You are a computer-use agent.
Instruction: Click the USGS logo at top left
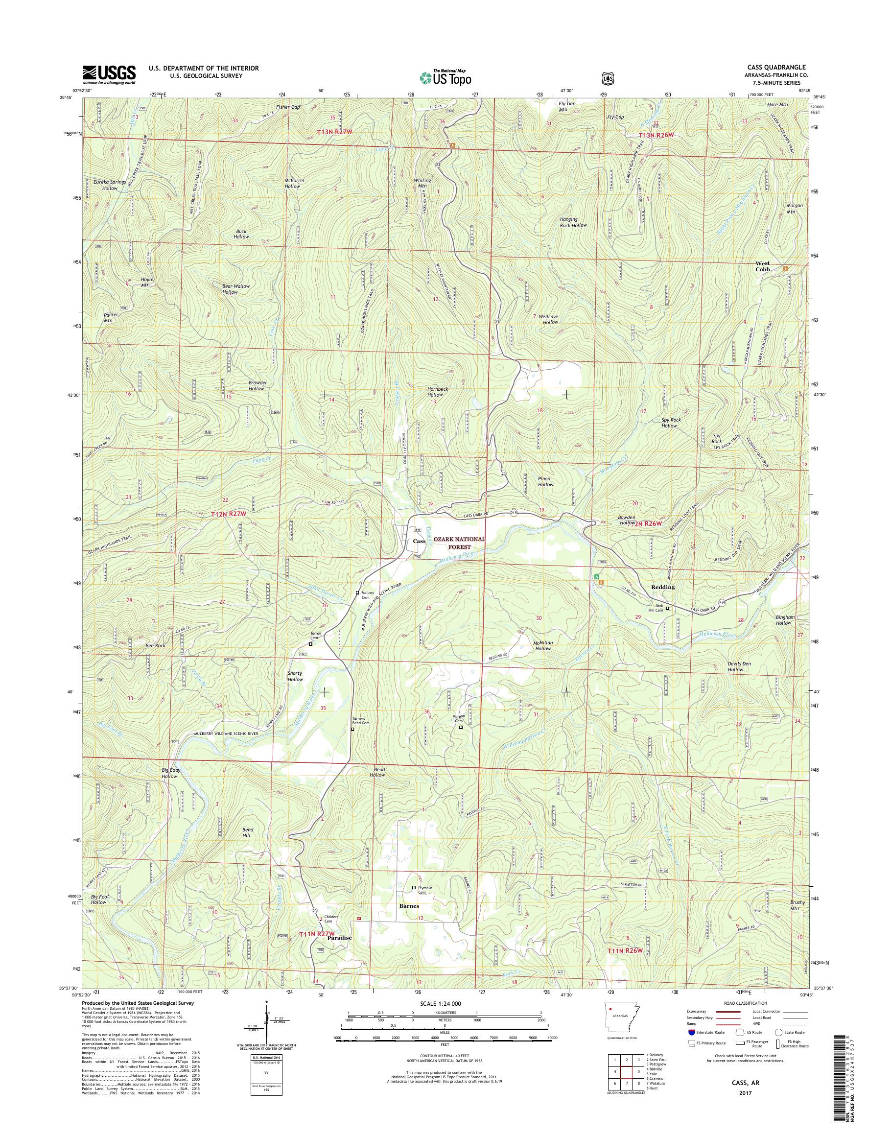point(109,74)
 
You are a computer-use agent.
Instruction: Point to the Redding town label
point(662,587)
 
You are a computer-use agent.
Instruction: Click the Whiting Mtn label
point(422,183)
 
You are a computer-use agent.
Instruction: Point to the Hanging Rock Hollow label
point(573,222)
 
